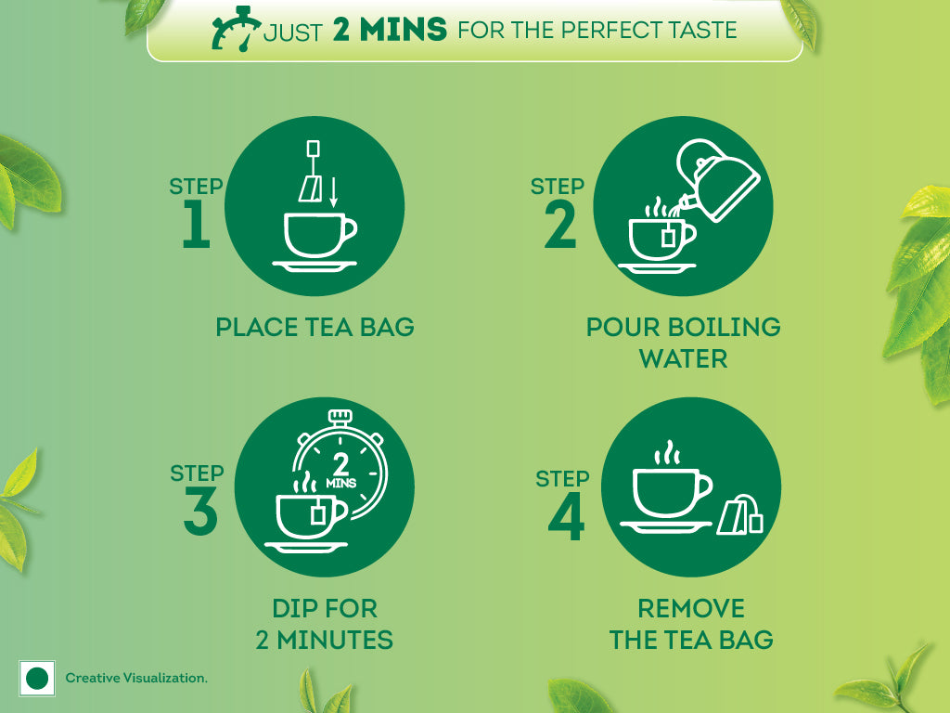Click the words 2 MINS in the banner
click(x=390, y=29)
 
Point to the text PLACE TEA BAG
click(x=315, y=327)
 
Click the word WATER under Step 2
click(x=683, y=358)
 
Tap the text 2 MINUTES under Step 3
click(x=324, y=640)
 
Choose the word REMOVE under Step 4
click(x=690, y=609)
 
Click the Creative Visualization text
click(x=136, y=679)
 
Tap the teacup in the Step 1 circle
click(x=316, y=236)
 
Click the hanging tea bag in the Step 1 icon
click(x=310, y=188)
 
